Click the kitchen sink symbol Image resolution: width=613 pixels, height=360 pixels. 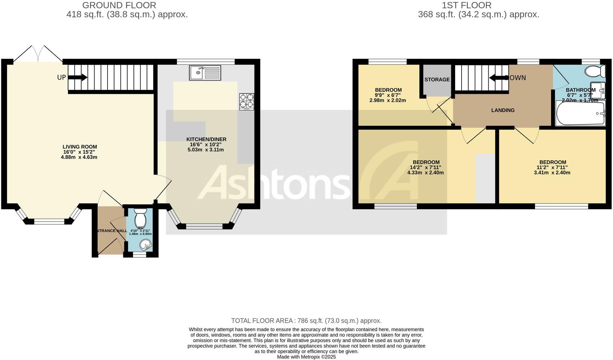[205, 73]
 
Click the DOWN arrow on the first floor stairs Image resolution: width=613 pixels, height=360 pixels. [496, 78]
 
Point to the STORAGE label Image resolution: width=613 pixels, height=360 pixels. [437, 80]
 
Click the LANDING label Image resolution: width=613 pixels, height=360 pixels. [503, 110]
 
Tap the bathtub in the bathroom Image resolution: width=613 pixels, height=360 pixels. [580, 114]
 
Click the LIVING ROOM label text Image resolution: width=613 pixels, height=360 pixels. [80, 147]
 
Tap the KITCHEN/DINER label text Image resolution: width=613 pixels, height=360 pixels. [206, 139]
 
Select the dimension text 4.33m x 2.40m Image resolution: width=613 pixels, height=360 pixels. [425, 173]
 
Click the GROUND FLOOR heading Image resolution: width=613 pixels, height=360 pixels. [119, 5]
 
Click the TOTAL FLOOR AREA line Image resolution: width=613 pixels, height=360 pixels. [306, 321]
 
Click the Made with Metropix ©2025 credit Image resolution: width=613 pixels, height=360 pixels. [306, 357]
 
